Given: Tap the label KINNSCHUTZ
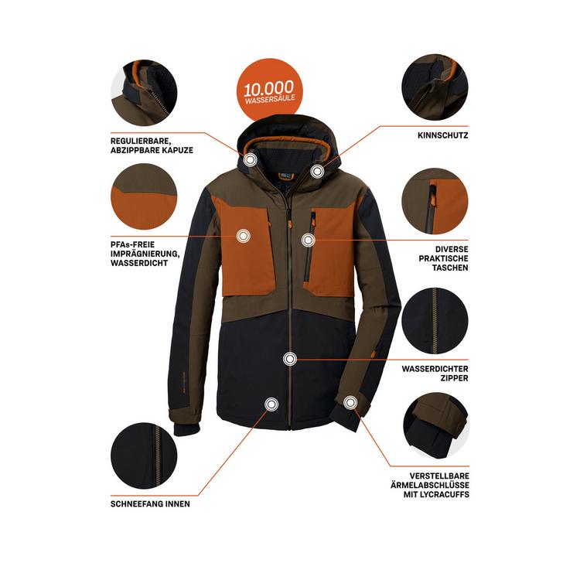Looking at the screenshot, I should coord(442,135).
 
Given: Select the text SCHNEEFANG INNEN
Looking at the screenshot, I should coord(151,503).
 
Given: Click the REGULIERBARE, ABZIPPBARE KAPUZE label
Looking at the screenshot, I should coord(152,145).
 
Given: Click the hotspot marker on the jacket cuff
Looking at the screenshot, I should coord(350,402).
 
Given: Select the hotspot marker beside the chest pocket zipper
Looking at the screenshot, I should coord(308,241).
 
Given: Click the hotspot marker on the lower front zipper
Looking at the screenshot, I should coord(290,359).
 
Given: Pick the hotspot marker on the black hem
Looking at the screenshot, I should coord(271,404).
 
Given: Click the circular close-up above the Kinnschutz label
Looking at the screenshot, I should coord(435,87).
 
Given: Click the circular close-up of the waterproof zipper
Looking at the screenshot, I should coord(435,319).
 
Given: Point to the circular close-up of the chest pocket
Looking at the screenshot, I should coord(435,203).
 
